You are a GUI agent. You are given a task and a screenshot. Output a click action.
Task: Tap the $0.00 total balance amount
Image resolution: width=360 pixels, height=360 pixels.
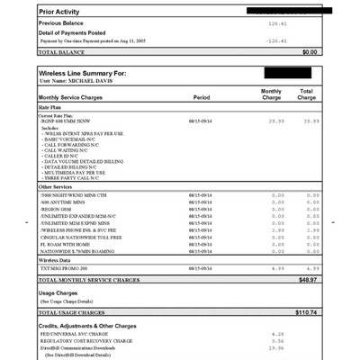pos(310,52)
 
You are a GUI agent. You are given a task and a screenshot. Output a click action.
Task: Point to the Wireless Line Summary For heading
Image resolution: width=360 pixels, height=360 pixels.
pos(91,73)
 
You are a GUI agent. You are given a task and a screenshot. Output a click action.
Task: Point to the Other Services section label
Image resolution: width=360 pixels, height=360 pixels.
pos(61,187)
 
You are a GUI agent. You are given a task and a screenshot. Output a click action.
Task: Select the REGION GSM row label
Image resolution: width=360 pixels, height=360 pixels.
pos(61,207)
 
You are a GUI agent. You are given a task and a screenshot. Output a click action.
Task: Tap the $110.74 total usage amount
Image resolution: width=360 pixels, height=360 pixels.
pos(306,312)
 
